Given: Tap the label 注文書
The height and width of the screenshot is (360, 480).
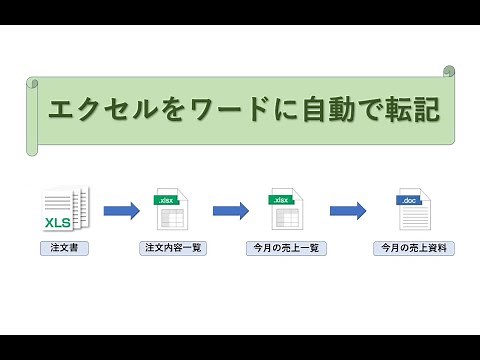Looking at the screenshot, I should pyautogui.click(x=60, y=247).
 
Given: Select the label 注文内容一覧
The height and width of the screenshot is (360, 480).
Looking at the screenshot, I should pyautogui.click(x=174, y=247).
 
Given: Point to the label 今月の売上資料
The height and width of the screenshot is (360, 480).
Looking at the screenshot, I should pyautogui.click(x=409, y=247).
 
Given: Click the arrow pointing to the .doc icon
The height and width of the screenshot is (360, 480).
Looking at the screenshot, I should pyautogui.click(x=346, y=210).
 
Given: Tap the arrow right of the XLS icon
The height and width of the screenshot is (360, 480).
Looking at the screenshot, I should pyautogui.click(x=121, y=210).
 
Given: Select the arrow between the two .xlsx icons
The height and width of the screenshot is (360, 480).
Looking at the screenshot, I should pyautogui.click(x=230, y=210).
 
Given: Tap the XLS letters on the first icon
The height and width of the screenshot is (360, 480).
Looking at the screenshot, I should pyautogui.click(x=57, y=221).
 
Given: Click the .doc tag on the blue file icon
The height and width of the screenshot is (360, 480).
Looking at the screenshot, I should pyautogui.click(x=408, y=201).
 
